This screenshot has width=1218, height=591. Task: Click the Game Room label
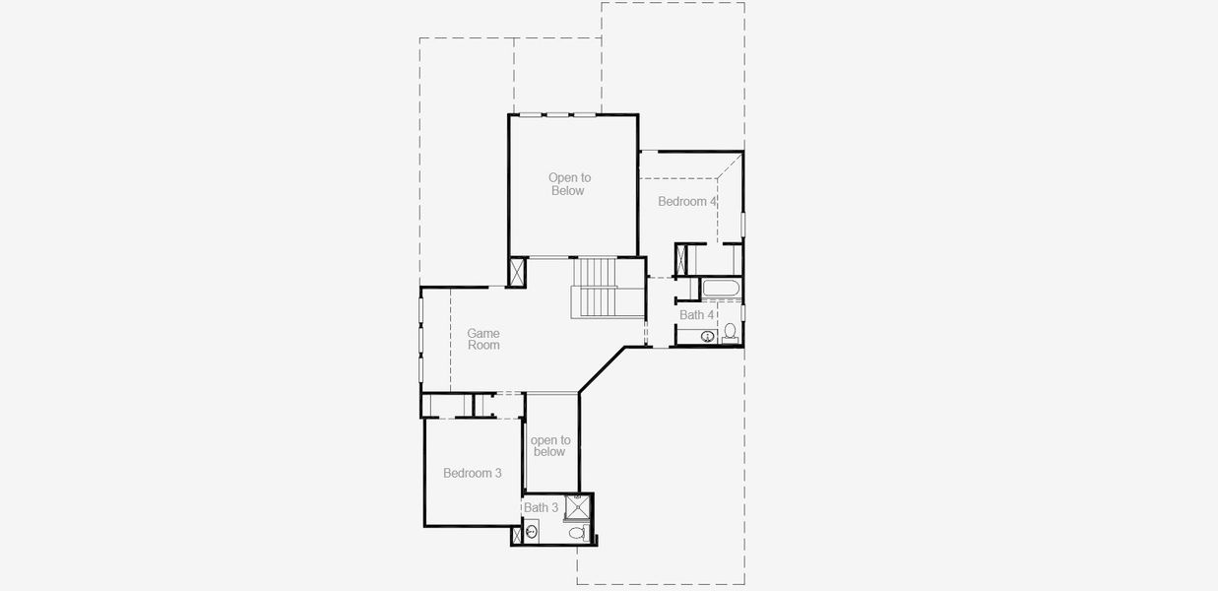[482, 340]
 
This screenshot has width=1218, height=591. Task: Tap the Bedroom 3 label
[472, 473]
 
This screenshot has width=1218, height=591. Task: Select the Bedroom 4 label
[687, 201]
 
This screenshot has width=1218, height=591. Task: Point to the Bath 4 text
[696, 315]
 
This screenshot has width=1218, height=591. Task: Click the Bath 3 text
[541, 507]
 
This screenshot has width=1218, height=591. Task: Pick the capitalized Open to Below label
[567, 184]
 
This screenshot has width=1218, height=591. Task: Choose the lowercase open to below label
[549, 446]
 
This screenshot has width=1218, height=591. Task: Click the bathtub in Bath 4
[722, 289]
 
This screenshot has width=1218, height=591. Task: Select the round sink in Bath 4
[707, 336]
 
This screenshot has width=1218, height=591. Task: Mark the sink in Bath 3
[532, 532]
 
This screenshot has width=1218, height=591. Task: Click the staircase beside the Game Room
[595, 287]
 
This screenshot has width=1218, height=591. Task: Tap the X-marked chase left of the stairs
[517, 272]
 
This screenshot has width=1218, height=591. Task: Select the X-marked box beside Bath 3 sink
[518, 536]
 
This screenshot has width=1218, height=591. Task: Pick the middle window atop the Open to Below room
[558, 115]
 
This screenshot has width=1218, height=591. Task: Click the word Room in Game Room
[483, 346]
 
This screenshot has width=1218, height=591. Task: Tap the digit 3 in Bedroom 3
[498, 473]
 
